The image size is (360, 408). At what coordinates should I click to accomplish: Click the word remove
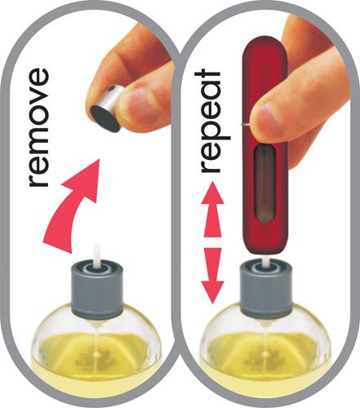(x=38, y=127)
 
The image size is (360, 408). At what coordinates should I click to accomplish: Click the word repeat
(x=212, y=121)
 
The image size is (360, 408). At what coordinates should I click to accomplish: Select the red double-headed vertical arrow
(x=212, y=243)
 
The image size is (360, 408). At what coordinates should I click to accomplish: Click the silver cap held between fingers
(x=107, y=108)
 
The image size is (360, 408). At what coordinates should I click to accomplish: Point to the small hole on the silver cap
(x=112, y=88)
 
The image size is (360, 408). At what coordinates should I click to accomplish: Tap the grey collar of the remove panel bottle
(x=97, y=292)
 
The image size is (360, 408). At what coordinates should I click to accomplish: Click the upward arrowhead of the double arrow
(x=212, y=193)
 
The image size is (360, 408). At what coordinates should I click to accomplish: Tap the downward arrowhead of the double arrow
(x=212, y=293)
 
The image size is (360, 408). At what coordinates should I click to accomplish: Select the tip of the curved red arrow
(x=99, y=160)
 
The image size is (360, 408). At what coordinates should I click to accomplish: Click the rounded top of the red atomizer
(x=265, y=51)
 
